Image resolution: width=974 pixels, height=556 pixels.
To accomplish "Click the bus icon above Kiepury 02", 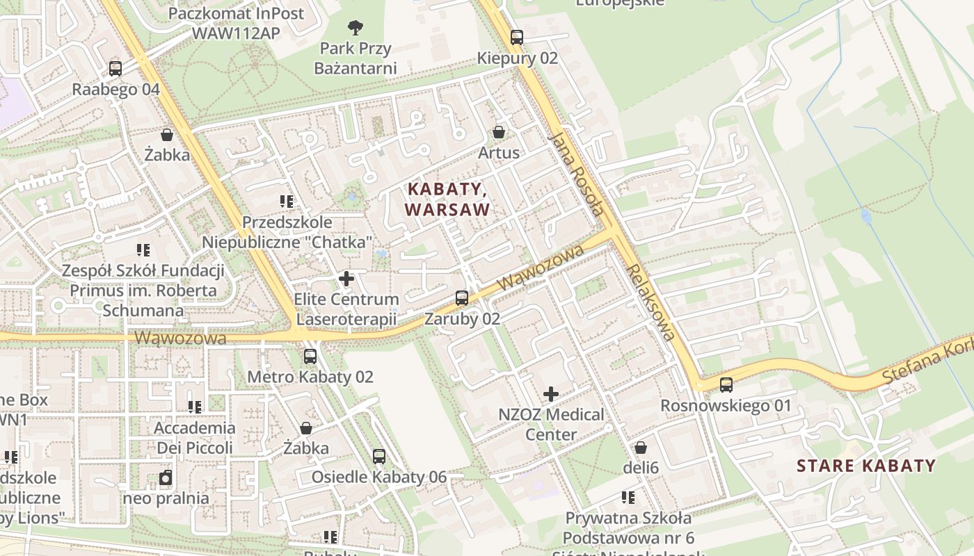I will (516, 38).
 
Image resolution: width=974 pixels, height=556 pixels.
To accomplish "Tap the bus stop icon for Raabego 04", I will (115, 69).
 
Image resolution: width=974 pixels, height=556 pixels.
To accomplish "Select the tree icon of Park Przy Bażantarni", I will (356, 28).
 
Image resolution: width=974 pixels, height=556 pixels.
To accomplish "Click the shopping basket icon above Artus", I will (499, 131).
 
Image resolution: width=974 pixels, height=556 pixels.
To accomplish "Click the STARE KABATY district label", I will (866, 466).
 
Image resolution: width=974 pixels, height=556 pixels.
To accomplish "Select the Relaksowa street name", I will (651, 302).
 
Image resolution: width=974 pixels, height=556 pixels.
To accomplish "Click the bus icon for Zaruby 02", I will (462, 298).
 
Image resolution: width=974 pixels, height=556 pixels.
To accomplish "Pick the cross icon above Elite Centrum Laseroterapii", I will (346, 279).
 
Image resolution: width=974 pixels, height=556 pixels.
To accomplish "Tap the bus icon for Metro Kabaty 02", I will (310, 357).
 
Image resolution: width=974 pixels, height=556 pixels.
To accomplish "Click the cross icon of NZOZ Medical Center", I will (551, 395).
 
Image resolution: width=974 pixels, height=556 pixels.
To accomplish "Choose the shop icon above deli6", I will (641, 448).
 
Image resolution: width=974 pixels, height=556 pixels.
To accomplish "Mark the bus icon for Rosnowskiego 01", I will (726, 385).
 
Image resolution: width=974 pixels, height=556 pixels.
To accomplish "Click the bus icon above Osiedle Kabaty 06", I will (379, 457).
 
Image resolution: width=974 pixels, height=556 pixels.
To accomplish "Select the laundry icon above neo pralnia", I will (166, 478).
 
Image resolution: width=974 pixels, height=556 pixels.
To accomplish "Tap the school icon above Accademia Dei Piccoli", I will (195, 407).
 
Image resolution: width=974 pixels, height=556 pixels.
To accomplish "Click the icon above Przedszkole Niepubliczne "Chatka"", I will (287, 202).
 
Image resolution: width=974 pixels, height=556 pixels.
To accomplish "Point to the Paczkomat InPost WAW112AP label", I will (237, 23).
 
